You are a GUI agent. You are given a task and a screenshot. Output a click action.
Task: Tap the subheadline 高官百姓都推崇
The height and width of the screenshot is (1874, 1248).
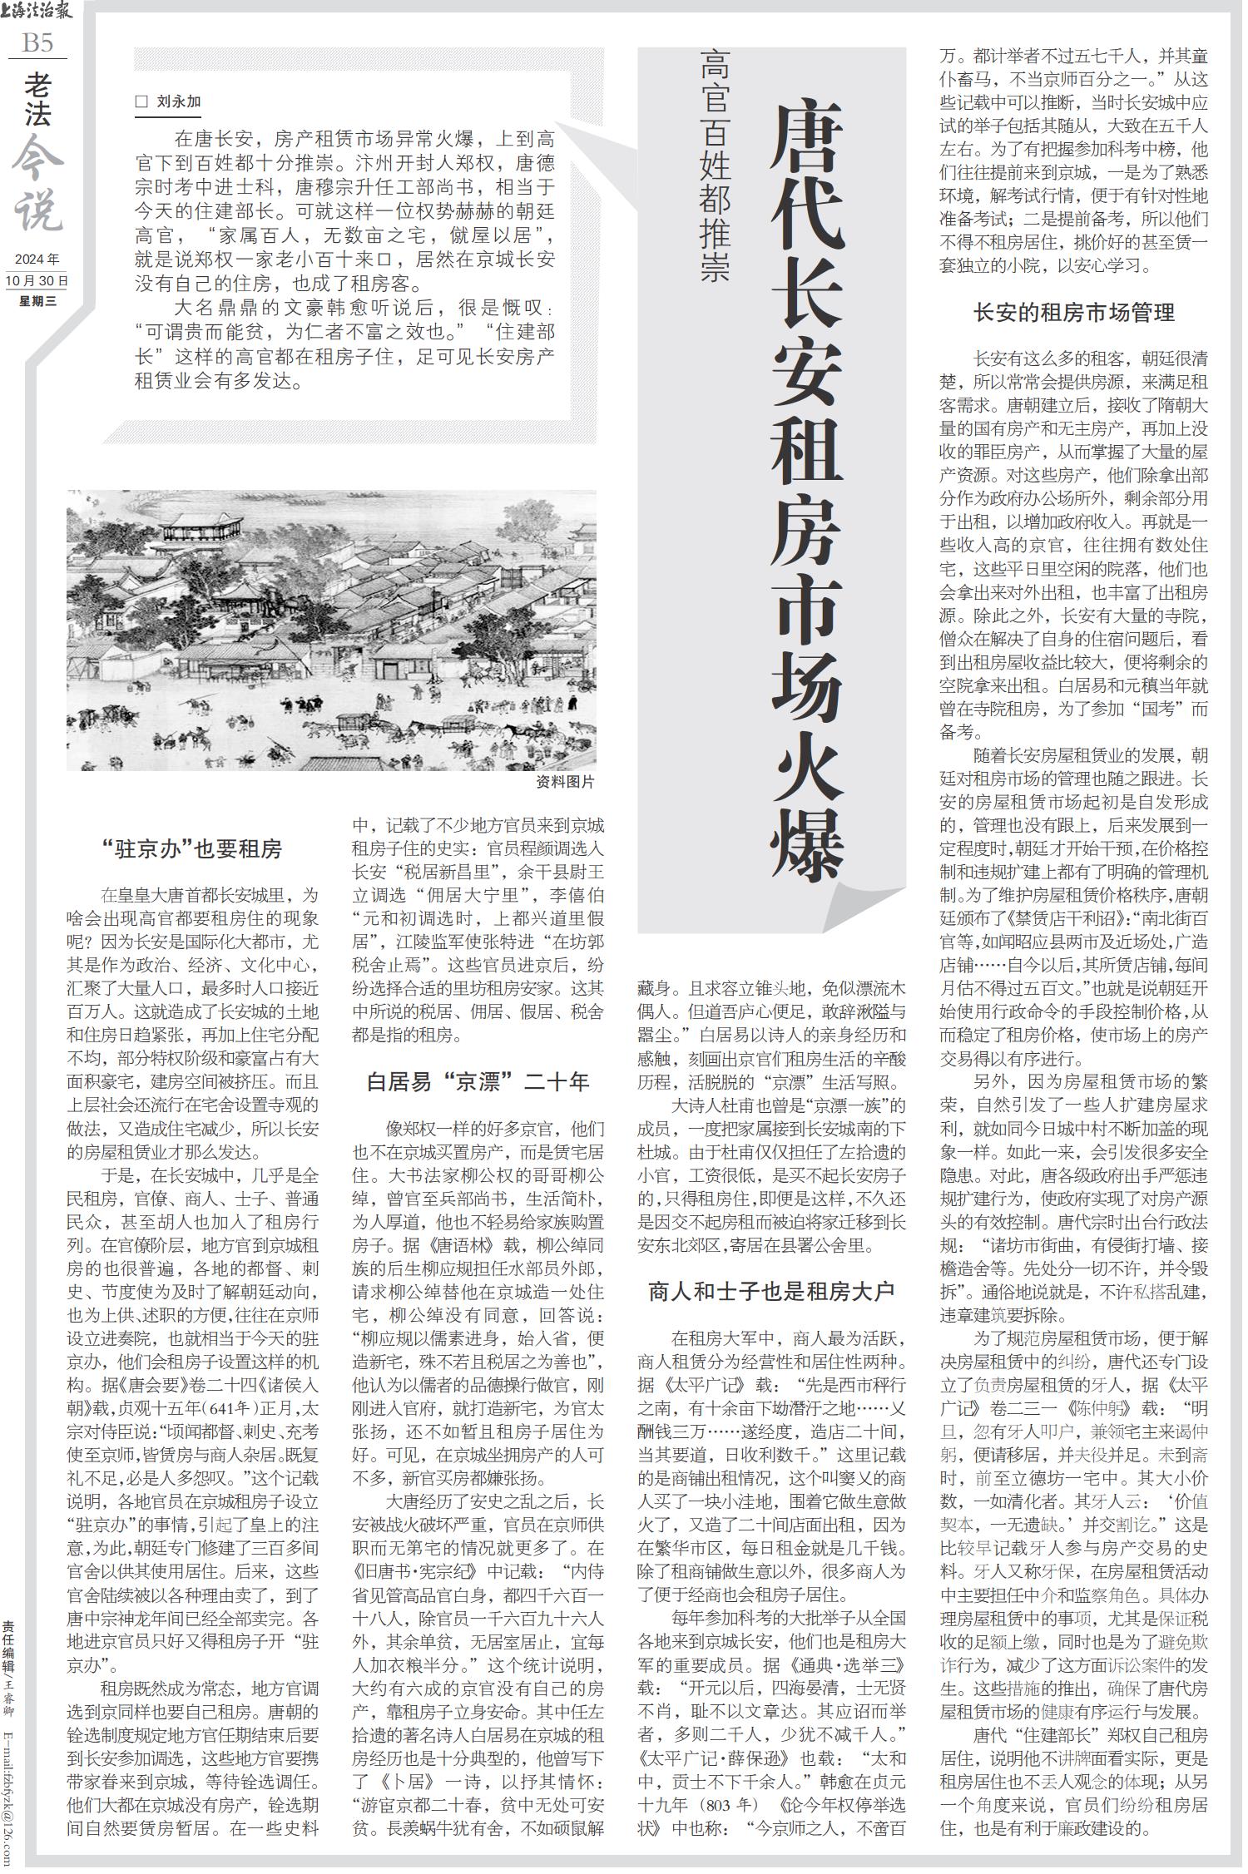(x=714, y=166)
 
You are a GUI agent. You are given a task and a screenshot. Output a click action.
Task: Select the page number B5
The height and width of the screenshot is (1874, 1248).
(x=37, y=42)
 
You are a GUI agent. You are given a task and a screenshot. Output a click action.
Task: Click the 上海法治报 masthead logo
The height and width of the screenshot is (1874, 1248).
(x=37, y=12)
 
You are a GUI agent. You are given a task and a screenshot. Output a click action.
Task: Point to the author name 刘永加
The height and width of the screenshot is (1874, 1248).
(x=179, y=102)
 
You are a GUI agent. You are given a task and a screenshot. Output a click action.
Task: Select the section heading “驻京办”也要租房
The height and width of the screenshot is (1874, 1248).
(x=192, y=848)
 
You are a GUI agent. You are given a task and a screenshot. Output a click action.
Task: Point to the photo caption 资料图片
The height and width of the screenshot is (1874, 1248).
(x=566, y=782)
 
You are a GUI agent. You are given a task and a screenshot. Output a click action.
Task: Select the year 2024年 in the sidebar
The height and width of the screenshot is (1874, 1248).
(x=37, y=259)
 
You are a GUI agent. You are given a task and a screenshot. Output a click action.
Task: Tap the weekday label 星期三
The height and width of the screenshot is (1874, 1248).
(x=37, y=301)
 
